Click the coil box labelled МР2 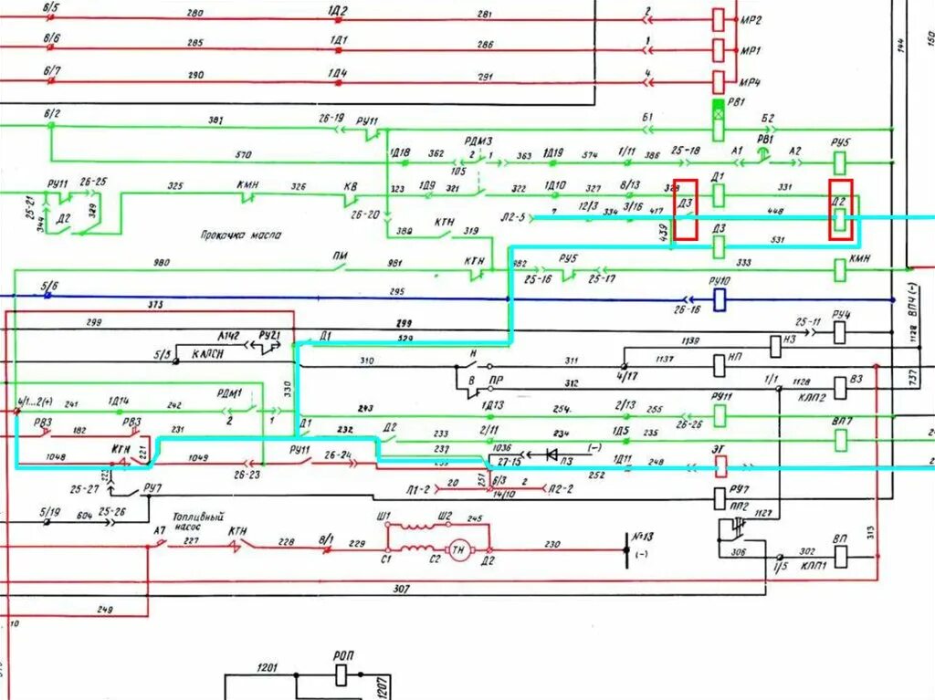[x=719, y=18]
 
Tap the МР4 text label [x=751, y=82]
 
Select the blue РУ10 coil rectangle [x=719, y=298]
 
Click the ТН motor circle [x=457, y=548]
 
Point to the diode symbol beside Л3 [x=551, y=454]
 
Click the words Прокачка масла [x=241, y=235]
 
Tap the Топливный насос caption [x=198, y=520]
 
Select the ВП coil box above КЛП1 [x=841, y=554]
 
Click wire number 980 [x=161, y=264]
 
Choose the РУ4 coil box [x=840, y=333]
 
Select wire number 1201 [x=268, y=667]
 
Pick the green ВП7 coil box [x=840, y=440]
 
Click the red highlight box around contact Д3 [x=685, y=210]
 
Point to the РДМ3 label [x=478, y=141]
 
